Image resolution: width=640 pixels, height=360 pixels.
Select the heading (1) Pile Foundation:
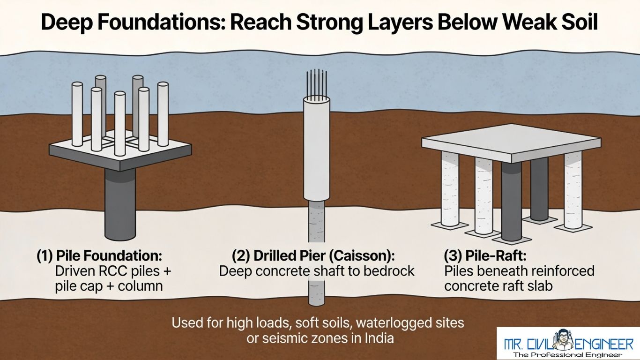point(99,256)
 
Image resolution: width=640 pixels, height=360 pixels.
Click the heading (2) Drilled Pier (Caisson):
point(313,256)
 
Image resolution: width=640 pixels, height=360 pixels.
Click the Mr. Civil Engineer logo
point(568,343)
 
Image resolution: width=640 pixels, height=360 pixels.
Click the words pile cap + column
point(109,286)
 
